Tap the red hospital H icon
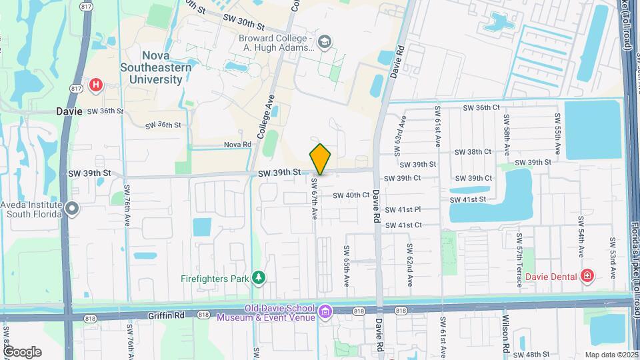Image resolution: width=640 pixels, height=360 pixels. coord(97,85)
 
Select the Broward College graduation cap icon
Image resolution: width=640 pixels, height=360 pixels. coord(325,42)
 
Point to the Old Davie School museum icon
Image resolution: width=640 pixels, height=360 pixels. coord(325,311)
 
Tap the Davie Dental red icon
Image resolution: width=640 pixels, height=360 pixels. coord(587,276)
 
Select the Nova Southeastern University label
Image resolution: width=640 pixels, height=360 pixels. coord(156,67)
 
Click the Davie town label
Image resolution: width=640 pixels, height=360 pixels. coord(69,111)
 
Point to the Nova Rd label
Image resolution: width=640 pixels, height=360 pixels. coord(237,144)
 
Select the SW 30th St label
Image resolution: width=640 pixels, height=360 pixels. coord(245,22)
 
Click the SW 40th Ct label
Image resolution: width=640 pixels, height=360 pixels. coord(351,195)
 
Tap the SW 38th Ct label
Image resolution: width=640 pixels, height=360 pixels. coord(473,152)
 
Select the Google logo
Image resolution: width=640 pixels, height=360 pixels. coord(22,351)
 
